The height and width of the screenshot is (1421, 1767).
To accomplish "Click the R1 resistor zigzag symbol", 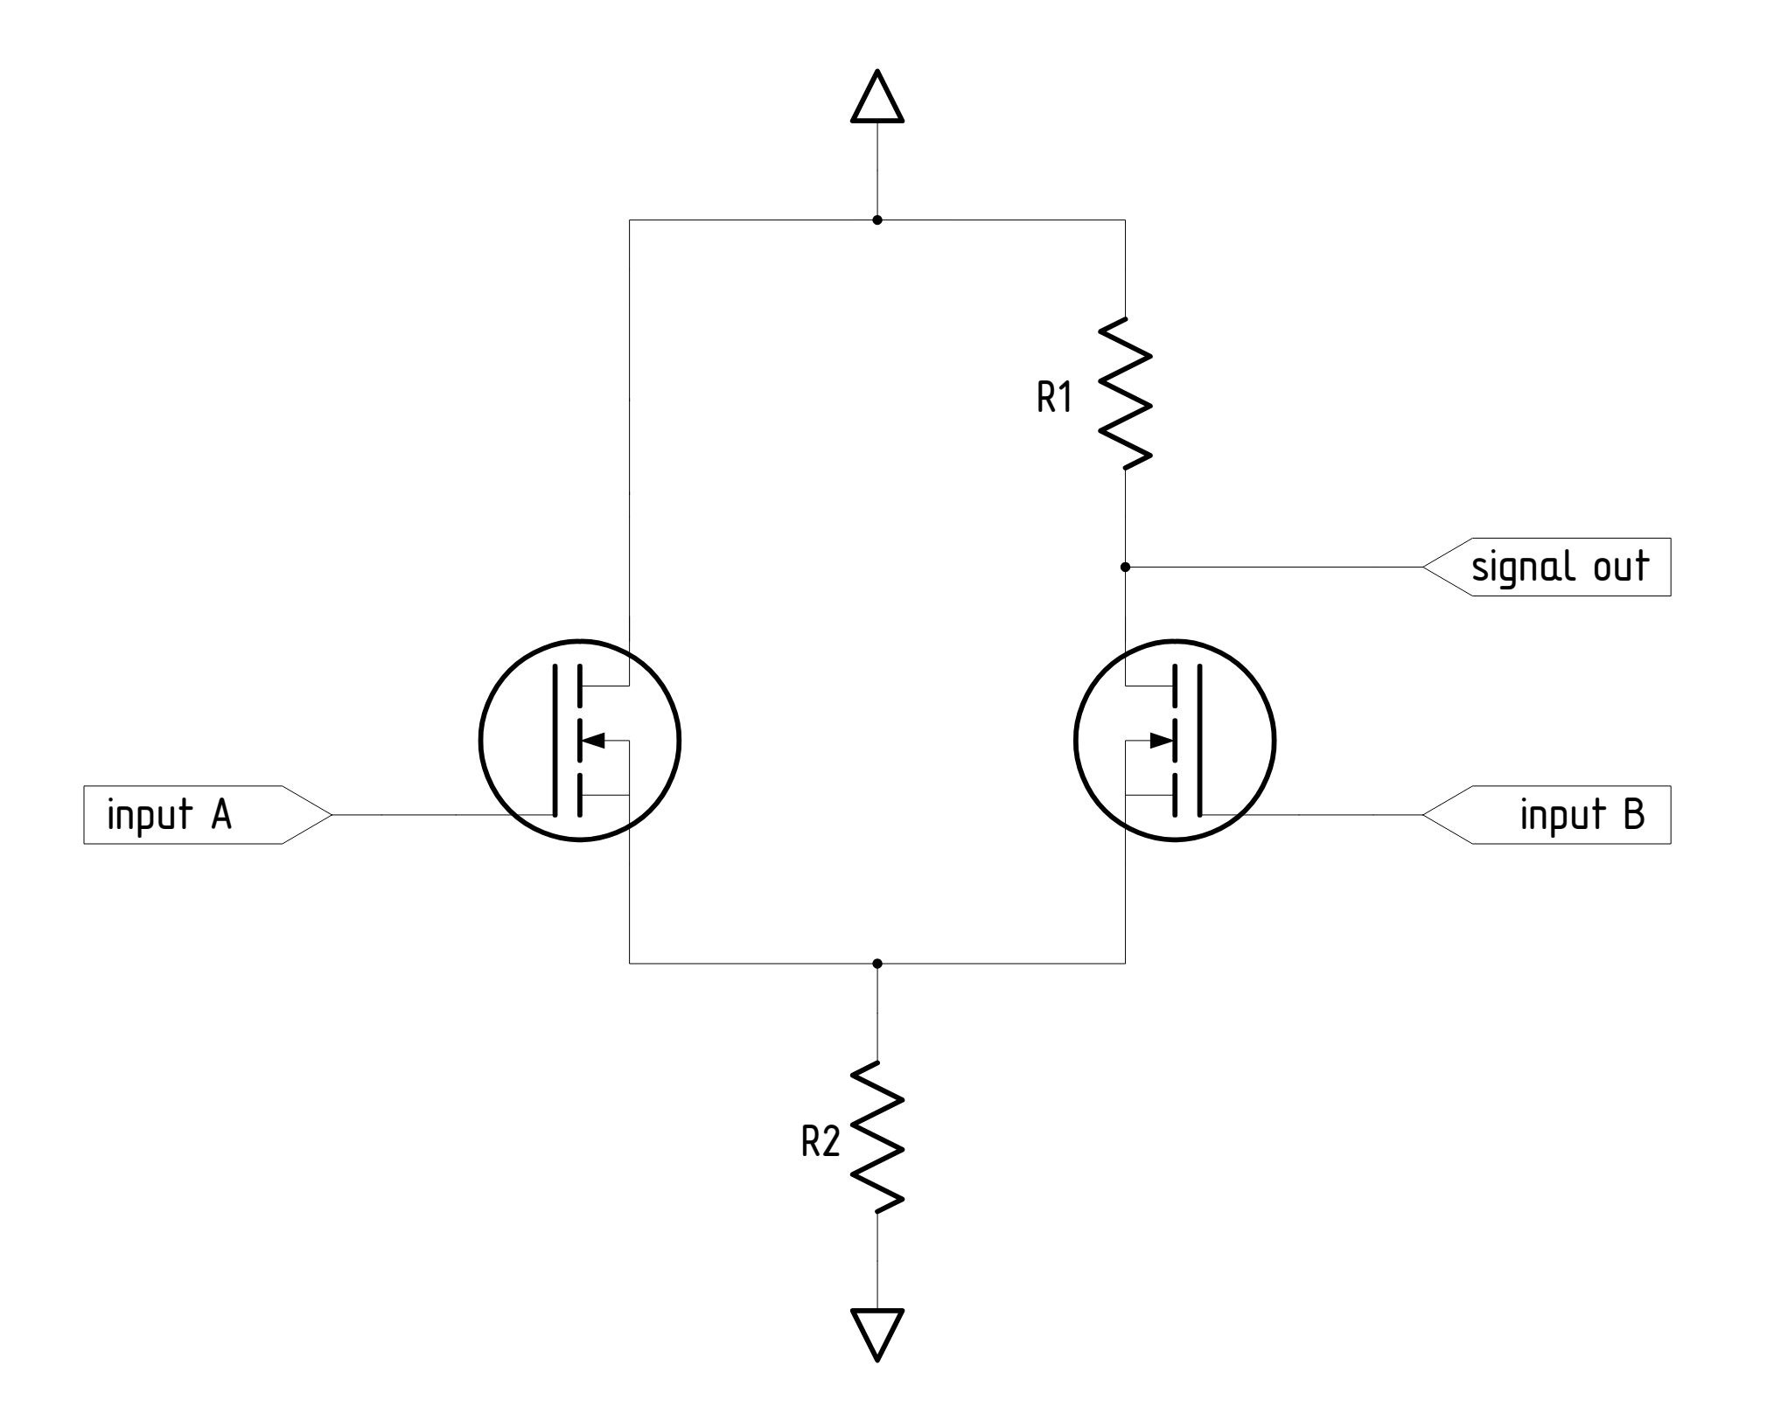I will click(1125, 394).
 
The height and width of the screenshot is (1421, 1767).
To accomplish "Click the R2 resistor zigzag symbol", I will click(877, 1137).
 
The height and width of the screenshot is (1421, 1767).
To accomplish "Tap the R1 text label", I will click(1054, 399).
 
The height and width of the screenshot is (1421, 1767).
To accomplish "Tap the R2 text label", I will click(821, 1143).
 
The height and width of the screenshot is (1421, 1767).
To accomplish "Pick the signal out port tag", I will click(1547, 568).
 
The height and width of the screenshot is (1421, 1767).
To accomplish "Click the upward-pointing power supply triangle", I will click(877, 97).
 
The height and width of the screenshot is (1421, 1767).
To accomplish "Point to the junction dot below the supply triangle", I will click(877, 219).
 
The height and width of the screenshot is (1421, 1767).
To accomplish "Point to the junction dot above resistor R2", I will click(877, 963).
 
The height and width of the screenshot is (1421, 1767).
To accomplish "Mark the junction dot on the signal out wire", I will click(1125, 568).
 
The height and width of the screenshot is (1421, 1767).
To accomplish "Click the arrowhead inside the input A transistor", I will click(593, 741).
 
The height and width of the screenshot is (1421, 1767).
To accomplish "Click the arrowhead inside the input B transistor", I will click(1161, 741).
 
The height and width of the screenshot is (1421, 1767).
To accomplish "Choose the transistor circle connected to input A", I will click(579, 741).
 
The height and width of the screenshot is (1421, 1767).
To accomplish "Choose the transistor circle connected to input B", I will click(1175, 741).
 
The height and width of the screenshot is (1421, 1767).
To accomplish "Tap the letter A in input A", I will click(220, 815).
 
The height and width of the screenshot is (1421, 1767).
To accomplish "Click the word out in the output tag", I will click(1619, 568).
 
